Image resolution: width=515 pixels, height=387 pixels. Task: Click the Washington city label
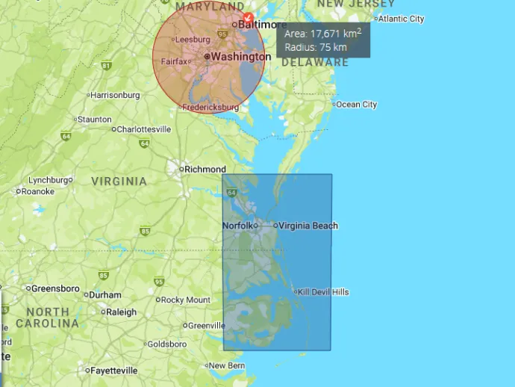[x=241, y=57]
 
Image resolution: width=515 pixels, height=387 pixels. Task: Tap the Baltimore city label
[x=262, y=25]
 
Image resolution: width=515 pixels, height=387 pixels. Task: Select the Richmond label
[x=205, y=170]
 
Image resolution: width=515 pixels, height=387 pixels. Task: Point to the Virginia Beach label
[x=308, y=226]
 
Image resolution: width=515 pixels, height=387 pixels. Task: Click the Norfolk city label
[x=237, y=226]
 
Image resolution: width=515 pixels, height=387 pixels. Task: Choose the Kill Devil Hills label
[x=324, y=292]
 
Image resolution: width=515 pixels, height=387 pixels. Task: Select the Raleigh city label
[x=121, y=312]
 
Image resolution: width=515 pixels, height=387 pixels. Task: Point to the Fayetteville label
[x=114, y=371]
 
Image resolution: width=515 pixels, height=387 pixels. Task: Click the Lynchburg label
[x=48, y=180]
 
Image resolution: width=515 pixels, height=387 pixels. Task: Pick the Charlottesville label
[x=144, y=129]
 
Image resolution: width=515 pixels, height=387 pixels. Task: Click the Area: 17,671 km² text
[x=322, y=34]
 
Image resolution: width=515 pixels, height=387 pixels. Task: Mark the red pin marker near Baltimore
[x=249, y=17]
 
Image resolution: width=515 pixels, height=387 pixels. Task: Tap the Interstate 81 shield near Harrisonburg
[x=106, y=66]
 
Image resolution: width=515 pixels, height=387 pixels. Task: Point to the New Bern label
[x=227, y=365]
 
